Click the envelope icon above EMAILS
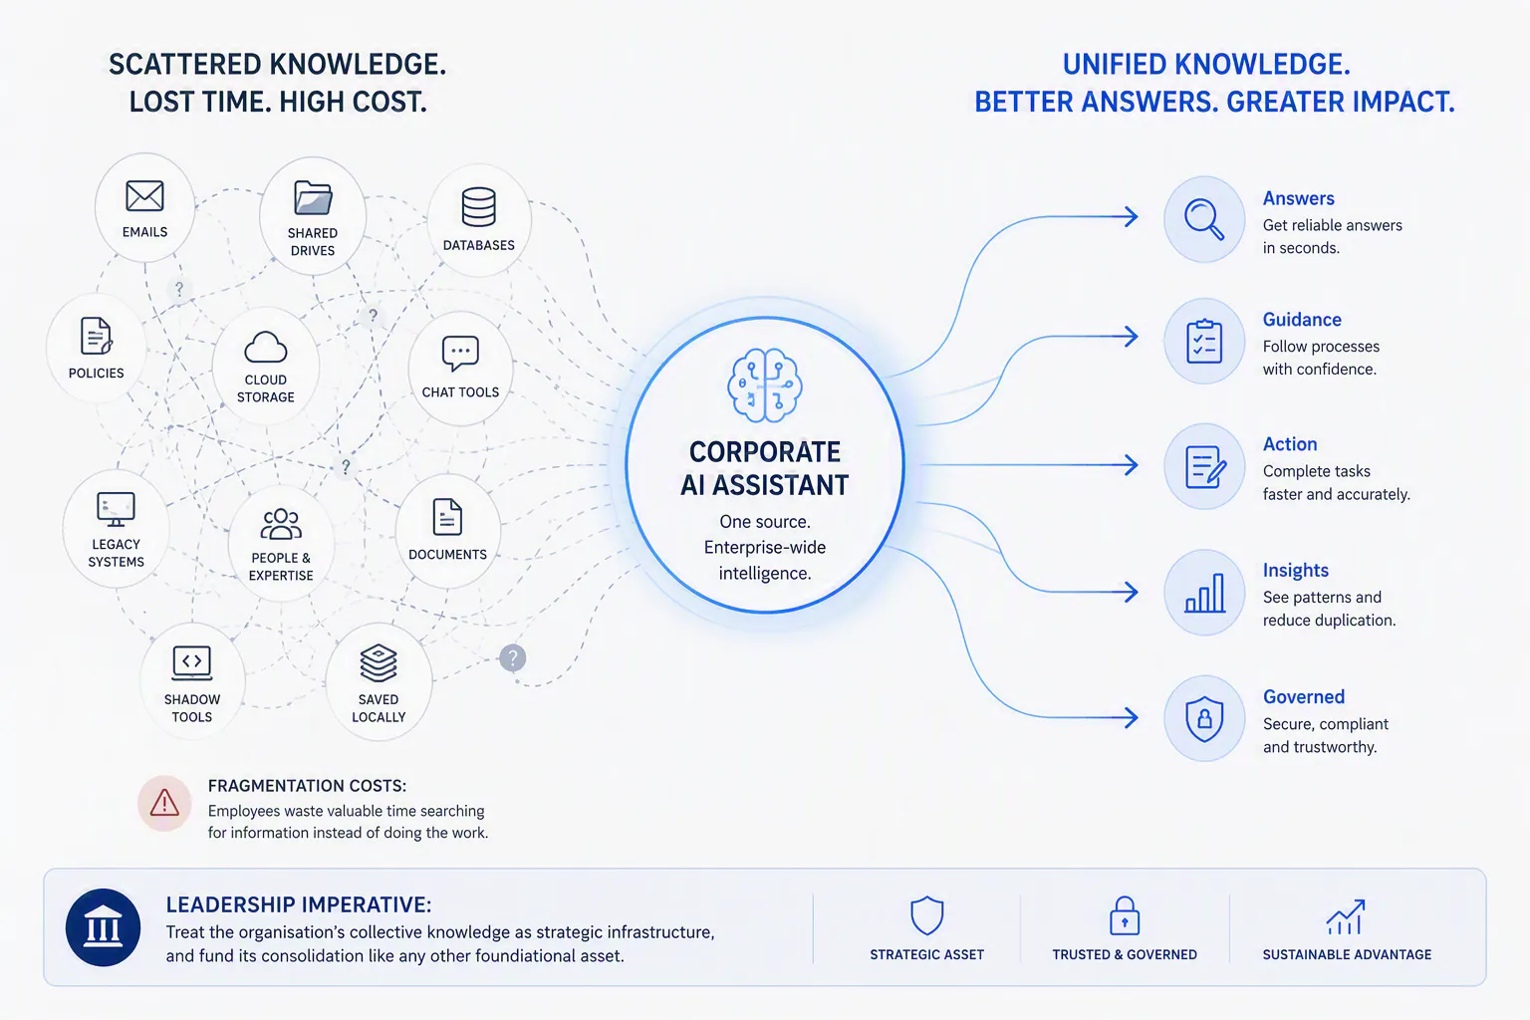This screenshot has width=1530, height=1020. tap(144, 197)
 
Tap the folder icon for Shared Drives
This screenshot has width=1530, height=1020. tap(313, 198)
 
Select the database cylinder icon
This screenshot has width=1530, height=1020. tap(478, 206)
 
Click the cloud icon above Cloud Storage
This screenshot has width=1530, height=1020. tap(266, 347)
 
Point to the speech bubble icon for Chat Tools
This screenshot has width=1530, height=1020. tap(460, 354)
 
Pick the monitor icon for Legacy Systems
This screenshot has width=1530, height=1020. tap(116, 509)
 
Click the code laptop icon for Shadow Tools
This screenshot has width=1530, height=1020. tap(192, 663)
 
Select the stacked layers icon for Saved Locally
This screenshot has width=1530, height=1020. tap(379, 663)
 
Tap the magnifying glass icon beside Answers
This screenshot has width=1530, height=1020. tap(1204, 218)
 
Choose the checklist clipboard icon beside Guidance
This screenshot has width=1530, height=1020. tap(1204, 341)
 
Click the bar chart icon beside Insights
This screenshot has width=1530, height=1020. tap(1204, 593)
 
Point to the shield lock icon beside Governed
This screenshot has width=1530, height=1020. tap(1204, 719)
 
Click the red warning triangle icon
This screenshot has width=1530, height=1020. tap(164, 803)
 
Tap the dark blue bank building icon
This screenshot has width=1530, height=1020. tap(104, 927)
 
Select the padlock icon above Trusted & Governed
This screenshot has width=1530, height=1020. tap(1125, 915)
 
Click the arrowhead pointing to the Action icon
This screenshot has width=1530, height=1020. tap(1131, 465)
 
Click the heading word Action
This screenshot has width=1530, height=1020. tap(1290, 444)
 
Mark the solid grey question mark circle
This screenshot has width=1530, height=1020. tap(512, 657)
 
